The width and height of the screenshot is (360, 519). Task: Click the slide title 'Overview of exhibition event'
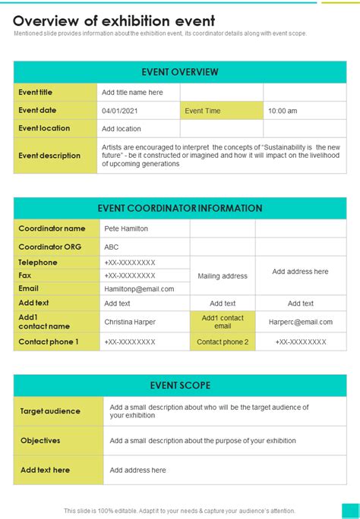114,20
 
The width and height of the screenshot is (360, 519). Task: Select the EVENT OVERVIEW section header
180,72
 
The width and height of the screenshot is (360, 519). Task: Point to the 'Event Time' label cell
203,111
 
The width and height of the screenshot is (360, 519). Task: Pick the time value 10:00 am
283,111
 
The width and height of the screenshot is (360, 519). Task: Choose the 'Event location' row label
44,128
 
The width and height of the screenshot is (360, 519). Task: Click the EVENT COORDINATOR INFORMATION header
180,208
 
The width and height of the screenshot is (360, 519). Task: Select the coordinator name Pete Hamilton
126,228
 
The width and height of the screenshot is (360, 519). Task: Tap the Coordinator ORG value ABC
112,247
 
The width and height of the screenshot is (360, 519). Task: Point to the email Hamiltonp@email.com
139,289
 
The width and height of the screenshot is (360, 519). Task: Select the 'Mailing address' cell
223,276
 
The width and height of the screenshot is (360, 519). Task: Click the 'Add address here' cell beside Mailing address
300,272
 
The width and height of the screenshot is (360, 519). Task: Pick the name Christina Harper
130,322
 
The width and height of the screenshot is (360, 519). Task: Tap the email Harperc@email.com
301,322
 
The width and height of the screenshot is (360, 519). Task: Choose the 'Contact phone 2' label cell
223,341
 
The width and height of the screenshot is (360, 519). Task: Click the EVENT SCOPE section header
180,385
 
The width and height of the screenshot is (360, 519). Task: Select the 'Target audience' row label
50,411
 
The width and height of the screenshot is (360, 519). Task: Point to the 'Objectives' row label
40,441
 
